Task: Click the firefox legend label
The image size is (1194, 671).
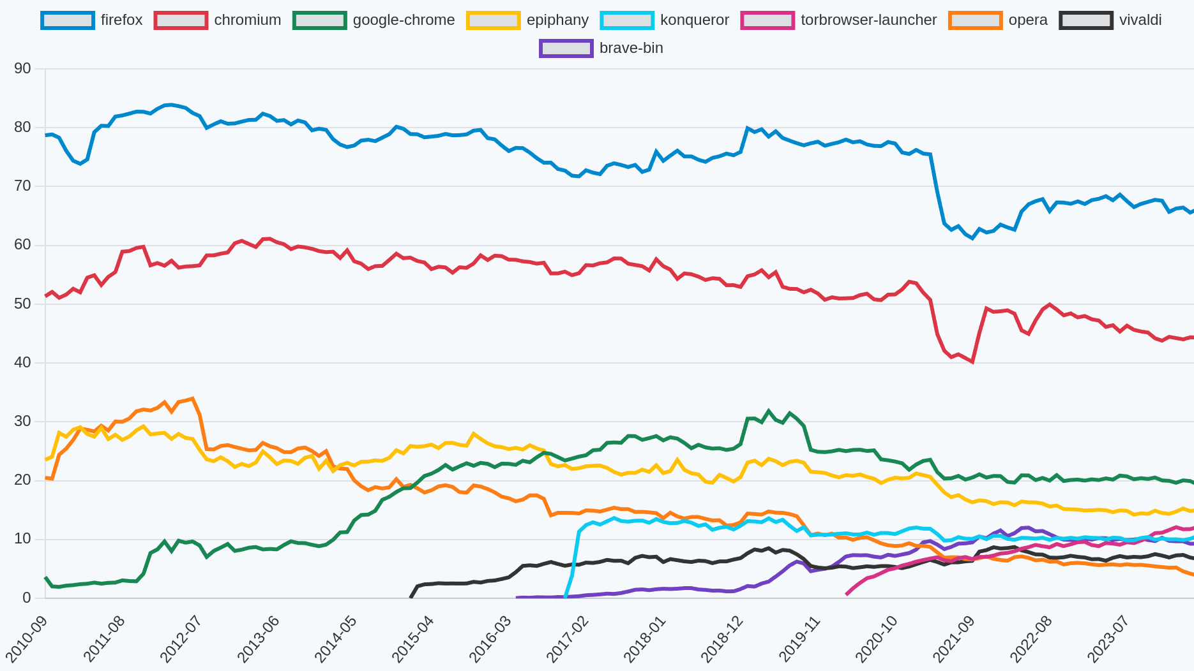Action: pyautogui.click(x=121, y=20)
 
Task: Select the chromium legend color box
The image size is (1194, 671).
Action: pyautogui.click(x=181, y=20)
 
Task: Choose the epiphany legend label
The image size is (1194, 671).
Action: pyautogui.click(x=557, y=20)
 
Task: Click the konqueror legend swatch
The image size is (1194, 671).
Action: pyautogui.click(x=627, y=20)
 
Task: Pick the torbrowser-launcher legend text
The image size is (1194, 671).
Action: pyautogui.click(x=868, y=20)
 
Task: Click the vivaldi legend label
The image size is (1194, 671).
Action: pyautogui.click(x=1140, y=20)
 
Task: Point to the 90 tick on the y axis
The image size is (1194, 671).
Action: pyautogui.click(x=22, y=69)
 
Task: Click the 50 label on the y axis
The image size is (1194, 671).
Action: pyautogui.click(x=22, y=304)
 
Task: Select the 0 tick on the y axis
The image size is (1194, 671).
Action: pyautogui.click(x=26, y=598)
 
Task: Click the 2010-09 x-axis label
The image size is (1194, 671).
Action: pyautogui.click(x=27, y=638)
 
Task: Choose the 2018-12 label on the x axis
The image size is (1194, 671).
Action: pyautogui.click(x=722, y=638)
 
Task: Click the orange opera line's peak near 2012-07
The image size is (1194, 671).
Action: pyautogui.click(x=192, y=399)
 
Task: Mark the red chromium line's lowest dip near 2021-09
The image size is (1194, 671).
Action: pyautogui.click(x=972, y=362)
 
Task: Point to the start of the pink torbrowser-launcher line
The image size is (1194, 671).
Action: pyautogui.click(x=847, y=594)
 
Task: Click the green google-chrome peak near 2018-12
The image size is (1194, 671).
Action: pyautogui.click(x=769, y=411)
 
